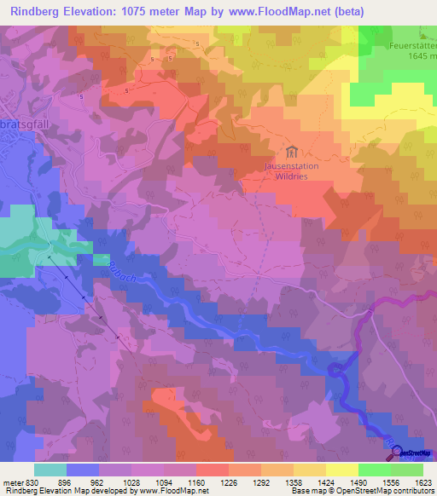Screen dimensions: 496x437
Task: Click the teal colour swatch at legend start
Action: point(50,469)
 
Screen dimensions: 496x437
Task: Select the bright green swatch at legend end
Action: point(407,469)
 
